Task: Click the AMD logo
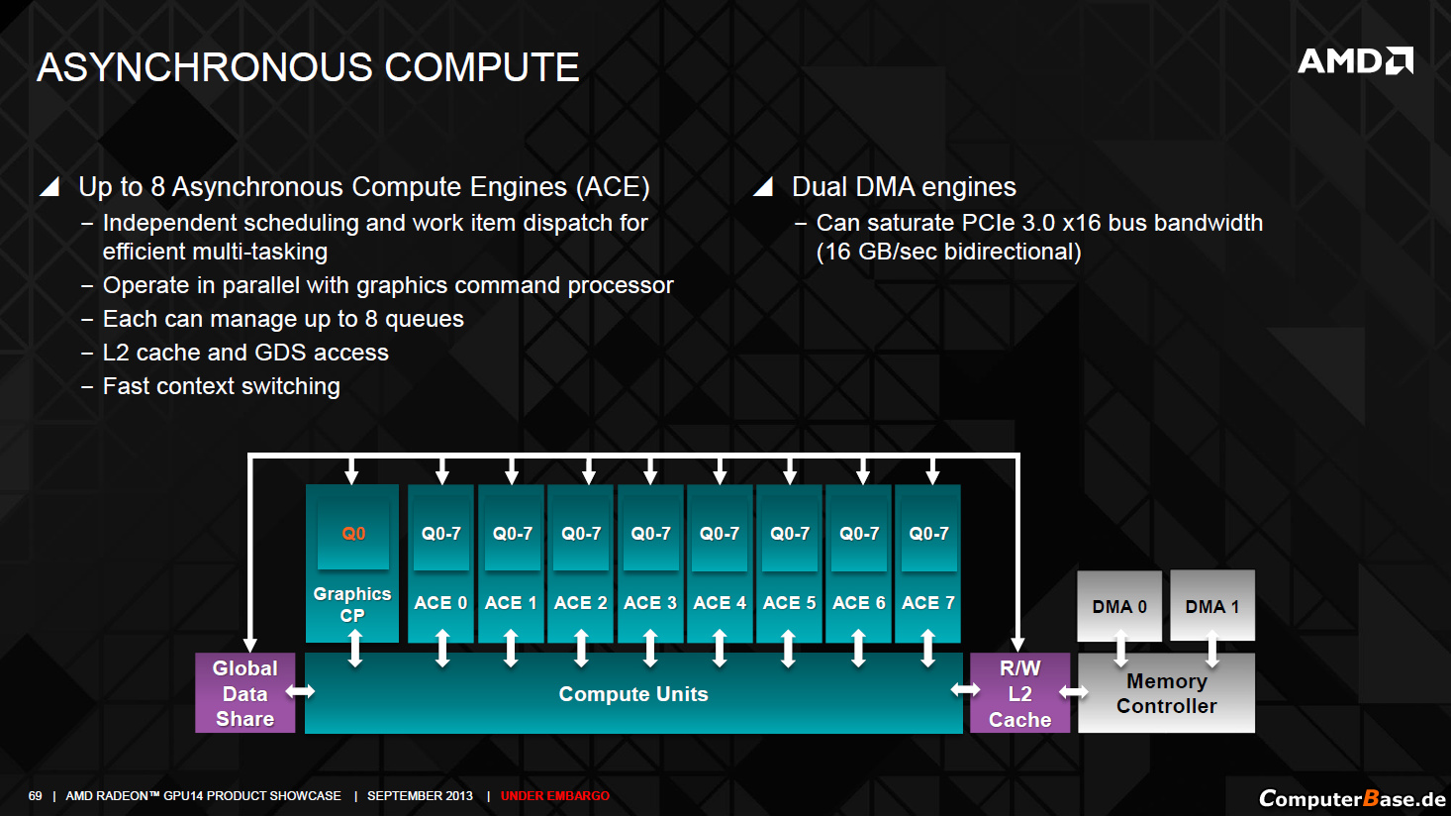(1355, 61)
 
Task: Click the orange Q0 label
(353, 534)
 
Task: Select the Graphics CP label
(352, 604)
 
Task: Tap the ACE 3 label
(649, 603)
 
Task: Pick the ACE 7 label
(928, 603)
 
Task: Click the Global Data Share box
(244, 693)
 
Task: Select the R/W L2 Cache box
(1019, 693)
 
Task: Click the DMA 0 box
(1119, 605)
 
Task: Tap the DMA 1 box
(1212, 605)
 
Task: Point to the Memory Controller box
(1167, 693)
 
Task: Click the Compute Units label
(633, 694)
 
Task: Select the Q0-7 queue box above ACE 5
(790, 534)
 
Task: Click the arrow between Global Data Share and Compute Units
(300, 691)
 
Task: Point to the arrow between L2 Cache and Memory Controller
(1073, 692)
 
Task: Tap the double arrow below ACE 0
(441, 648)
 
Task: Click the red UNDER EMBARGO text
(555, 796)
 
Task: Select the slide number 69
(35, 796)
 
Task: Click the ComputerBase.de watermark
(1352, 798)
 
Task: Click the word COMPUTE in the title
(482, 67)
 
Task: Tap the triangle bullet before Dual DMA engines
(764, 186)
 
